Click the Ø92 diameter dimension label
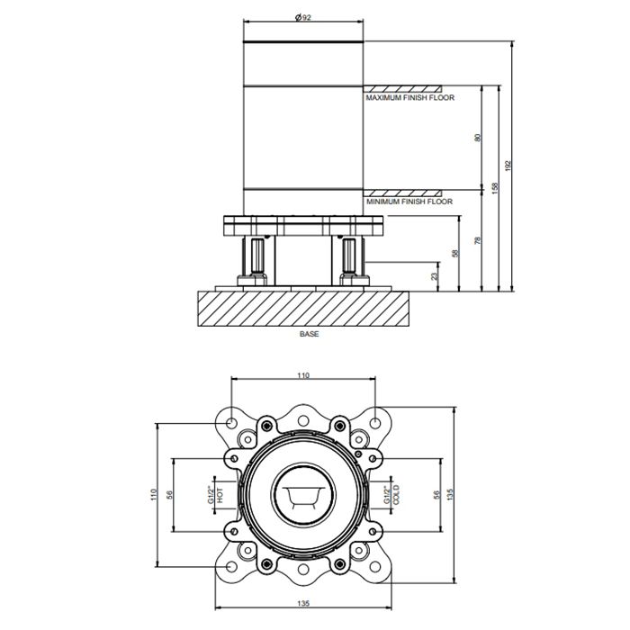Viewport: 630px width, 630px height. (303, 17)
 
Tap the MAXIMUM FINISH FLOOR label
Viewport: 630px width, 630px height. (409, 97)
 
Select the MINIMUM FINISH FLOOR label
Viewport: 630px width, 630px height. (409, 202)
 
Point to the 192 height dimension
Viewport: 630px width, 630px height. (507, 166)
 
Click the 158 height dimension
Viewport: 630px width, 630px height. (495, 188)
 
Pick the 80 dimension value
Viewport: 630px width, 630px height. (477, 138)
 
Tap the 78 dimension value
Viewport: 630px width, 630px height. (477, 240)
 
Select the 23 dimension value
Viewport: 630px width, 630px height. (434, 276)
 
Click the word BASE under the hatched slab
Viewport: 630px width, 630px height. (309, 334)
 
